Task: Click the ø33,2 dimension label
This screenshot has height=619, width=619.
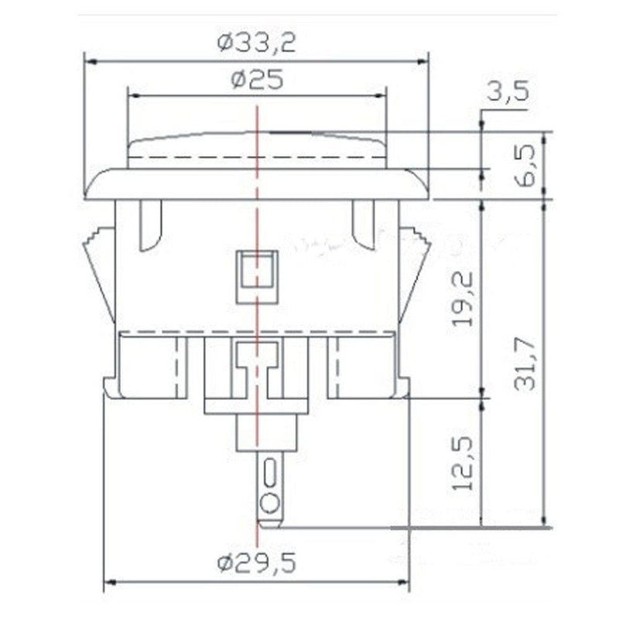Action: click(255, 43)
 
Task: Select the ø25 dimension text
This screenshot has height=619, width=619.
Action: click(256, 80)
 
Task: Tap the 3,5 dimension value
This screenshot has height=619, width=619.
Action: click(508, 92)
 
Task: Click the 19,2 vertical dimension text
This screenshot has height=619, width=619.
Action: click(463, 298)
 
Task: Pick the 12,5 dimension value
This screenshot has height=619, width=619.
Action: click(463, 463)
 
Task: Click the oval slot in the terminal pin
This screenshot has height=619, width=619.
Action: click(268, 471)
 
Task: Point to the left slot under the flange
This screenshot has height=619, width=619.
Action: click(150, 224)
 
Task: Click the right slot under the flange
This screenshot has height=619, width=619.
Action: click(364, 224)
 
